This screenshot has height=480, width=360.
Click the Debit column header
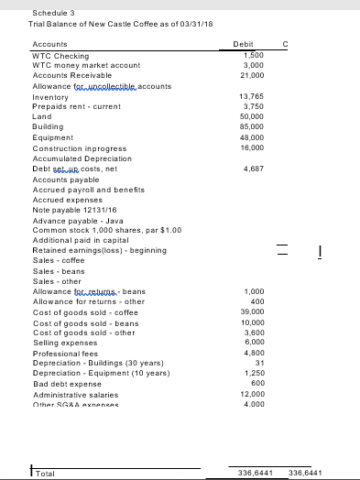tap(245, 43)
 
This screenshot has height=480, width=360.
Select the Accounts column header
tap(50, 43)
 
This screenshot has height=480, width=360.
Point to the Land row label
tap(42, 117)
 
